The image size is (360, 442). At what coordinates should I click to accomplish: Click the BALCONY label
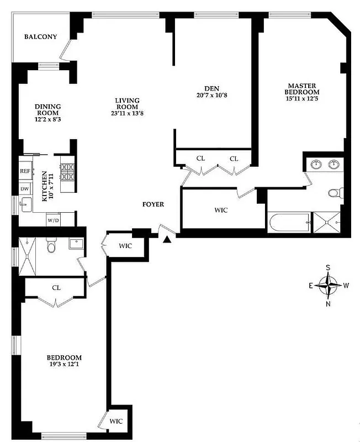[x=41, y=37]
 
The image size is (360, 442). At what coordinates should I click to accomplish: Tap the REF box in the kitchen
[x=25, y=172]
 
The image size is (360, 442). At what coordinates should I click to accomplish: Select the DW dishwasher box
[x=25, y=189]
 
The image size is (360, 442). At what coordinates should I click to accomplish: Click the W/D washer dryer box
[x=54, y=220]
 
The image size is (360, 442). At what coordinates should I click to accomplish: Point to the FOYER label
[x=153, y=204]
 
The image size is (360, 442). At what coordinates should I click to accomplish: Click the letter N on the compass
[x=329, y=303]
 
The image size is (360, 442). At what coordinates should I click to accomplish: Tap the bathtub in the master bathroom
[x=288, y=224]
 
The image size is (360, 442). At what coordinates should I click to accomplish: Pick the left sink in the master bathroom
[x=316, y=164]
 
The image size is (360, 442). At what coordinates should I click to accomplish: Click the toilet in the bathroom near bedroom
[x=51, y=245]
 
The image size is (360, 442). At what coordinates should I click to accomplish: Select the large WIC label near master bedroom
[x=221, y=211]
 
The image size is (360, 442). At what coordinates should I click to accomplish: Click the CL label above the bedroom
[x=56, y=288]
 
